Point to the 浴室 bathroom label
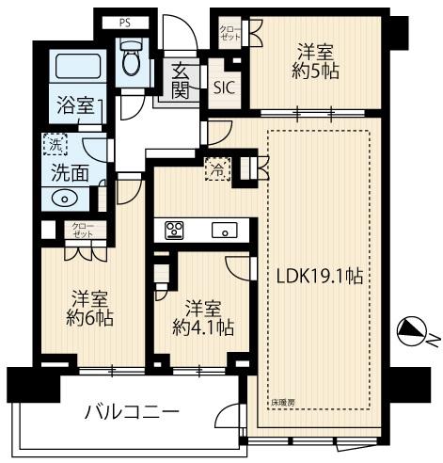point(74,105)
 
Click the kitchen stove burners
point(176,230)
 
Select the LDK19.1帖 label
point(321,277)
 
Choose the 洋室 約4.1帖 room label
point(203,317)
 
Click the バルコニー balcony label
point(131,412)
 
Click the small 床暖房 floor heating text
point(283,400)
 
